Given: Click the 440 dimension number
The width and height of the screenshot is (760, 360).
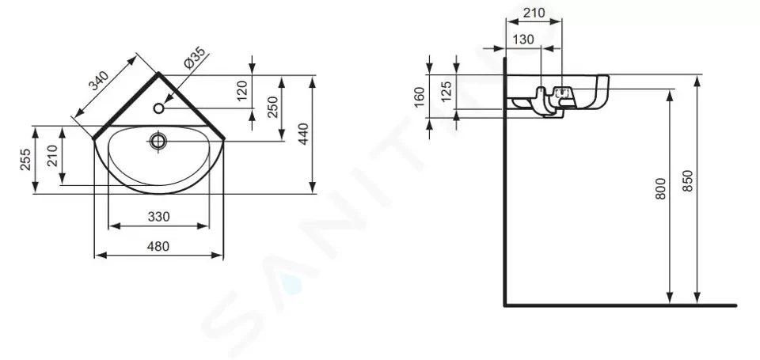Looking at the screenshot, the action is [x=303, y=135].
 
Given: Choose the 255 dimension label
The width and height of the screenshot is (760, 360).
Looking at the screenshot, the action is [x=25, y=159].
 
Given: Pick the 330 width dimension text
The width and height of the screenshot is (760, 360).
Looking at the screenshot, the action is [x=158, y=217].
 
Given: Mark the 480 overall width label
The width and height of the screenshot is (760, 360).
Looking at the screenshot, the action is [x=158, y=246].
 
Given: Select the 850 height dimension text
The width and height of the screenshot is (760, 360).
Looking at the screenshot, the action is [x=688, y=180].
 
